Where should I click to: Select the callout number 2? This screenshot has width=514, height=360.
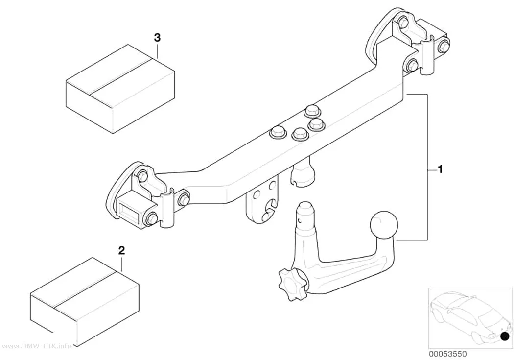point(121,251)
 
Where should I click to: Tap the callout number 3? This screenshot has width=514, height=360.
point(157,38)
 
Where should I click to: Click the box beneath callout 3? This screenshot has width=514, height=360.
point(120,89)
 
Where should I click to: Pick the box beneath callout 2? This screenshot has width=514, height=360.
point(85,302)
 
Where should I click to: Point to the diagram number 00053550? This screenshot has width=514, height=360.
point(447,354)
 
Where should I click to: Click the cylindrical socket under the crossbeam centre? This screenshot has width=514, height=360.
point(302,174)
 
